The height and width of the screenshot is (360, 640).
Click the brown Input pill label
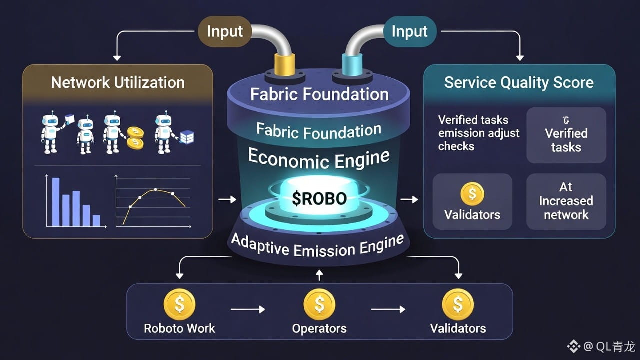pyautogui.click(x=224, y=31)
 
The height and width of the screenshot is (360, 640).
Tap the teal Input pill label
pyautogui.click(x=409, y=31)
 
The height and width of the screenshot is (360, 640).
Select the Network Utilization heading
pyautogui.click(x=118, y=82)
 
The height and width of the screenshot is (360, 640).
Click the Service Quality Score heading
pyautogui.click(x=519, y=82)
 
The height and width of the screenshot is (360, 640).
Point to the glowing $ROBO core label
pyautogui.click(x=320, y=198)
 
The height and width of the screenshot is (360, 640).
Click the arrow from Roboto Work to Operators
pyautogui.click(x=248, y=310)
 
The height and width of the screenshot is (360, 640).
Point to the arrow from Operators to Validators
pyautogui.click(x=388, y=310)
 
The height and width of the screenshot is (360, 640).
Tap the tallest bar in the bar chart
pyautogui.click(x=56, y=202)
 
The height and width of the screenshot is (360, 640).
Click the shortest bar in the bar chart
pyautogui.click(x=96, y=220)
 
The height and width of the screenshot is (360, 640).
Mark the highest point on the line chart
pyautogui.click(x=155, y=190)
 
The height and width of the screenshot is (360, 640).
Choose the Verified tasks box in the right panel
pyautogui.click(x=566, y=135)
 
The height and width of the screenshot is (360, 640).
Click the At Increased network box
pyautogui.click(x=566, y=201)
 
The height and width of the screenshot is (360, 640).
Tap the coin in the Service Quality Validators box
pyautogui.click(x=472, y=194)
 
